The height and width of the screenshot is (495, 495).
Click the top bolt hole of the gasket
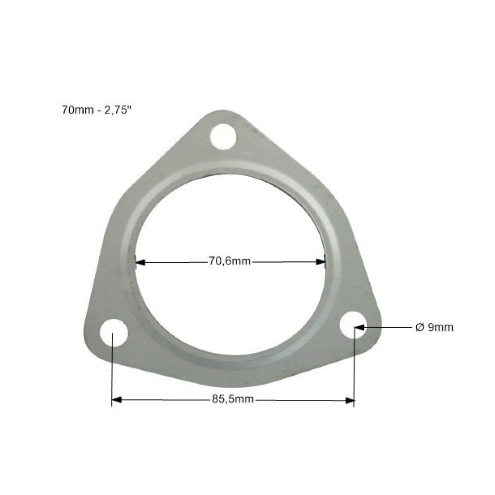(x=223, y=137)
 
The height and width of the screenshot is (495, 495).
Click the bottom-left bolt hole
(x=114, y=333)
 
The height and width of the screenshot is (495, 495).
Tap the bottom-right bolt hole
(x=353, y=325)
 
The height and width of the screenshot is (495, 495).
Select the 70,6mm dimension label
(x=230, y=261)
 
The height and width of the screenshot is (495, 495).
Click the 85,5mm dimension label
(x=233, y=399)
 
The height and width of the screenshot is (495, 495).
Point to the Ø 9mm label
(x=435, y=327)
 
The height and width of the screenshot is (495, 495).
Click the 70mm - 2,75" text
(x=96, y=110)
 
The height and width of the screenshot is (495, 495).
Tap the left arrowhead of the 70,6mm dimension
(x=140, y=262)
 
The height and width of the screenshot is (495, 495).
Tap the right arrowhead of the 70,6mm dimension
(x=320, y=262)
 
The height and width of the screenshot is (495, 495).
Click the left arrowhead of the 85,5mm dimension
(x=117, y=400)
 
